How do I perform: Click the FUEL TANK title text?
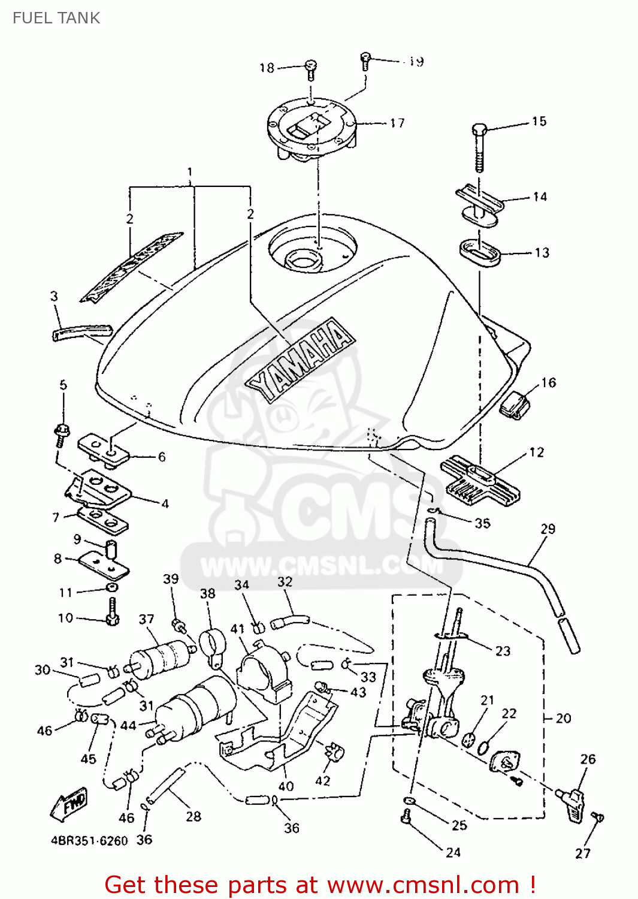[x=56, y=18]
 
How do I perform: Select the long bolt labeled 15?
[x=479, y=147]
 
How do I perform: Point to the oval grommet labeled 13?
[x=479, y=253]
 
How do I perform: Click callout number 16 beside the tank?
[x=549, y=382]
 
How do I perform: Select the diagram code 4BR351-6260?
[x=89, y=841]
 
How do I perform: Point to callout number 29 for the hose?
[x=548, y=529]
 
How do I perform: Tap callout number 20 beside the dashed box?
[x=563, y=717]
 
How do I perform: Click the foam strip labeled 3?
[x=83, y=331]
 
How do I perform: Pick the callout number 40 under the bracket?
[x=286, y=785]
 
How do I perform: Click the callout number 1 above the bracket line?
[x=190, y=172]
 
